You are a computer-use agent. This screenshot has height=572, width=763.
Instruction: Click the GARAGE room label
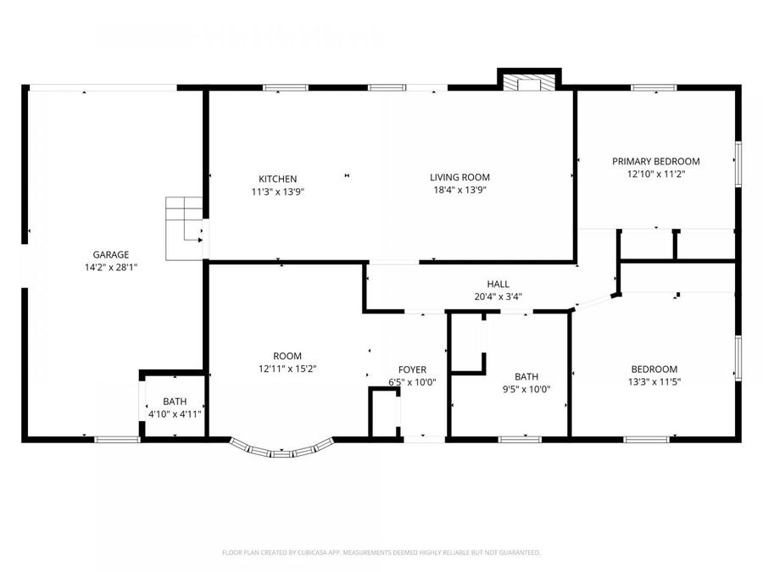(x=111, y=254)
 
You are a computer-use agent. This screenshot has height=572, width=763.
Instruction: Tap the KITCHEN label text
(x=278, y=179)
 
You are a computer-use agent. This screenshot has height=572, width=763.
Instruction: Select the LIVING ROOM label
(x=459, y=177)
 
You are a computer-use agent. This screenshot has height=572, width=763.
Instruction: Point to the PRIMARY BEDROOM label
(x=656, y=161)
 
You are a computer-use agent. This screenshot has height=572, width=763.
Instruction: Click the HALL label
(x=498, y=284)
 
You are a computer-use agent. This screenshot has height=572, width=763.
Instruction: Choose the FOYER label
(x=412, y=369)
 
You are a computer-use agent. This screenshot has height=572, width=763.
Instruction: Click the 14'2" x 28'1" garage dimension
(x=111, y=267)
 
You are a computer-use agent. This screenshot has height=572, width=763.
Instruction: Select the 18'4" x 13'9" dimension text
(x=459, y=191)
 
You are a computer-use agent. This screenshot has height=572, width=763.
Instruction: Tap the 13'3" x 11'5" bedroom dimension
(x=654, y=382)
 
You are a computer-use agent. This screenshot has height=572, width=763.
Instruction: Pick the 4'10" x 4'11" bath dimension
(x=175, y=414)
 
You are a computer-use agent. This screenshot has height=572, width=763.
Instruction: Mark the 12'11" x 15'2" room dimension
(x=287, y=369)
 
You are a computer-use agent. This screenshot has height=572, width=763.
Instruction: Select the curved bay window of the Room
(x=281, y=450)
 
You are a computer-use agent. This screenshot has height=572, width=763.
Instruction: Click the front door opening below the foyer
(x=424, y=439)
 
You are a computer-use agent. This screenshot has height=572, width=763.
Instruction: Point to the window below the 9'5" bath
(x=520, y=439)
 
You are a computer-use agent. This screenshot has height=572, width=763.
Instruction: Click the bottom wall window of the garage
(x=116, y=439)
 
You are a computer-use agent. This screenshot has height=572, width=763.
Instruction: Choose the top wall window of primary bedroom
(x=654, y=86)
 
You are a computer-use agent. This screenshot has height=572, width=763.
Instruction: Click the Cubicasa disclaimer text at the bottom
(x=381, y=553)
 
